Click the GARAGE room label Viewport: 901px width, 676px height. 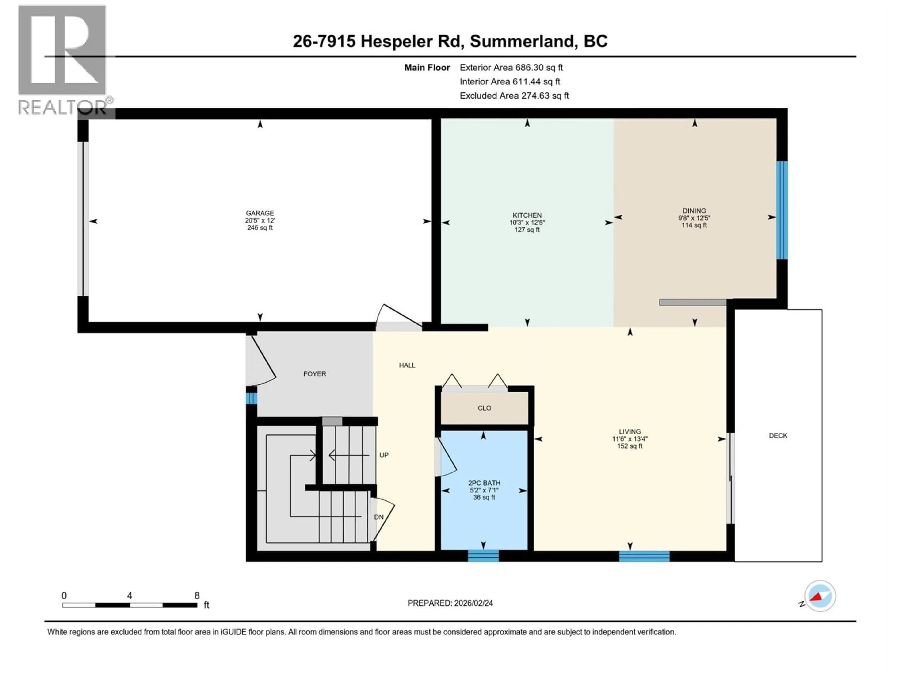[x=260, y=213]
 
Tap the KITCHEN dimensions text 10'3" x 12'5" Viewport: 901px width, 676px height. [x=527, y=223]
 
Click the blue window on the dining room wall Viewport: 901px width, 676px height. [x=782, y=210]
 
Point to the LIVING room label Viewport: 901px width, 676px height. [x=630, y=431]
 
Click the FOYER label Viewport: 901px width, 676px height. [x=314, y=374]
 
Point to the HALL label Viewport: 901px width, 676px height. [x=407, y=365]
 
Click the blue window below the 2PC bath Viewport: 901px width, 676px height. [x=483, y=556]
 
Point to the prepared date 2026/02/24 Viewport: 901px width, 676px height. [x=472, y=603]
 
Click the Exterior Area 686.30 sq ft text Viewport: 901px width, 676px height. [x=511, y=68]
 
